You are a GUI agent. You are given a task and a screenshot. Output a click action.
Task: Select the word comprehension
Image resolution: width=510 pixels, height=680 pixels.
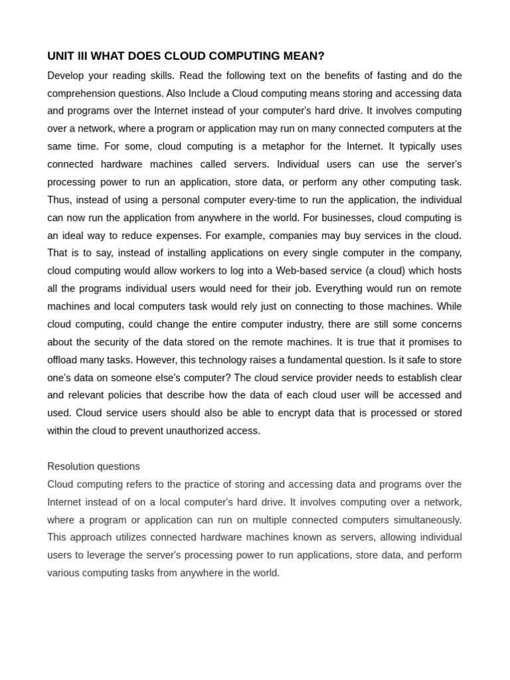point(78,94)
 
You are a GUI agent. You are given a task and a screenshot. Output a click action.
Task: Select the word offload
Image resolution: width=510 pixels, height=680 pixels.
point(62,360)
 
